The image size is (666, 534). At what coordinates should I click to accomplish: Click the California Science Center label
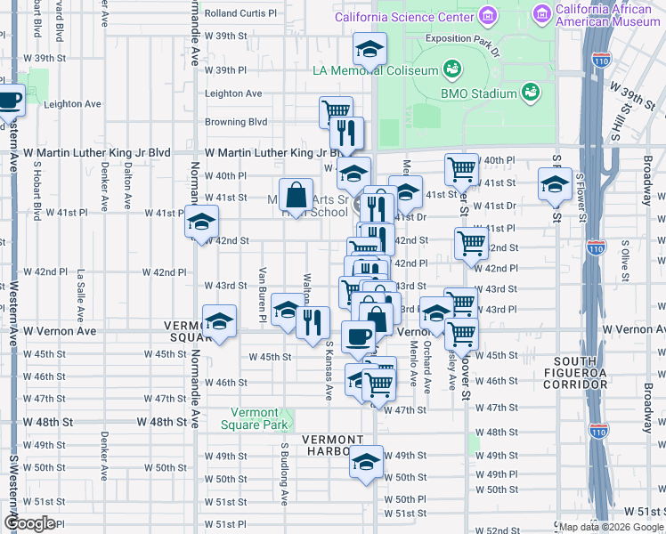[403, 17]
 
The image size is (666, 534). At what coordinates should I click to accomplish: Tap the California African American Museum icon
[541, 14]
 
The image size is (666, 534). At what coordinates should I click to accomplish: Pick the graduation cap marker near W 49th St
[365, 462]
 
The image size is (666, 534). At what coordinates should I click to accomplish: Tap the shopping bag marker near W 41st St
[296, 194]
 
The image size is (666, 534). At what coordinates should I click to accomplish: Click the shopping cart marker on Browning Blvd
[336, 111]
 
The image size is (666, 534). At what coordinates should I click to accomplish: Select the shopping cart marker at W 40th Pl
[461, 168]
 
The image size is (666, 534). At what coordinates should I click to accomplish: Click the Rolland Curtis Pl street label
[240, 13]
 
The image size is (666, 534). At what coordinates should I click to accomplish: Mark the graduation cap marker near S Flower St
[554, 186]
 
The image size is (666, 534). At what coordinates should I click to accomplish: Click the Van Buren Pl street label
[263, 294]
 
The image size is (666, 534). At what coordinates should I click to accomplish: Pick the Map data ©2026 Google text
[610, 527]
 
